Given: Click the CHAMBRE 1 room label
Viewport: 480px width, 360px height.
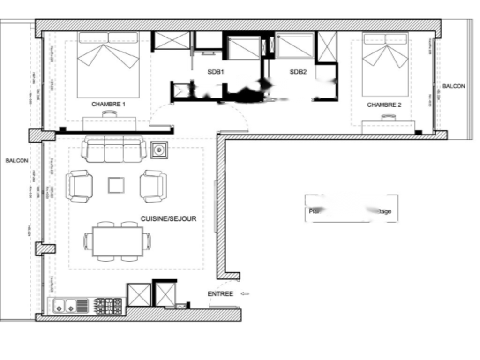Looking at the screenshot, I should click(x=108, y=104).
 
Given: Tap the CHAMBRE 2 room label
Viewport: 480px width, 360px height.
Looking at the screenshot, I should click(x=384, y=105).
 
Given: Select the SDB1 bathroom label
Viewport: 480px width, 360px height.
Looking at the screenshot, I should click(x=217, y=72).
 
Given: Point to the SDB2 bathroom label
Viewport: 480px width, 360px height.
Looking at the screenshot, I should click(x=298, y=72).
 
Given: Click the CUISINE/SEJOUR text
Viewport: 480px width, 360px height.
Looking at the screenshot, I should click(x=168, y=219).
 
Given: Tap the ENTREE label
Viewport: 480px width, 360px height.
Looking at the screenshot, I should click(x=220, y=294).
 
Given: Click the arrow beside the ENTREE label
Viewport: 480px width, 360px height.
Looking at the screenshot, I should click(x=245, y=294).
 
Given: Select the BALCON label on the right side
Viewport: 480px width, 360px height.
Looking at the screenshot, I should click(x=454, y=86).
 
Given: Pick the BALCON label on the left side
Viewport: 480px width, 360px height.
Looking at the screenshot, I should click(x=17, y=160).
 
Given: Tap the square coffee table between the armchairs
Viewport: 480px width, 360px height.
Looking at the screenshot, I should click(x=116, y=185).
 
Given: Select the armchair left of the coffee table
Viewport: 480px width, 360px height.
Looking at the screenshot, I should click(x=79, y=186).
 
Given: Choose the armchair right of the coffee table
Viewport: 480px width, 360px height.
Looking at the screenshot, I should click(x=153, y=186).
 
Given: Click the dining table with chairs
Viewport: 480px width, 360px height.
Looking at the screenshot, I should click(x=118, y=241).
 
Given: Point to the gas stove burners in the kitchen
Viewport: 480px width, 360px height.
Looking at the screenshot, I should click(x=108, y=306).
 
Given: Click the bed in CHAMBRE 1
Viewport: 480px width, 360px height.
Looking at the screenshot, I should click(x=108, y=64).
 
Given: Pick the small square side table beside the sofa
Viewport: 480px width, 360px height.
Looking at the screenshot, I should click(x=159, y=150).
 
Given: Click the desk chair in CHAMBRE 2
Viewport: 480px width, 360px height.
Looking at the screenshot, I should click(x=388, y=118).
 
